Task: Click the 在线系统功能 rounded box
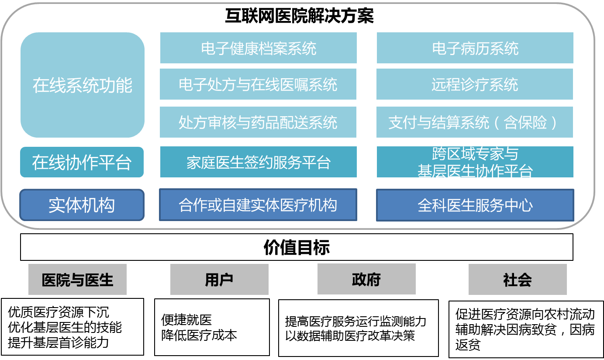[x=82, y=85]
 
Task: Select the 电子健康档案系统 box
[x=258, y=48]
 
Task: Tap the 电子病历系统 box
[x=475, y=48]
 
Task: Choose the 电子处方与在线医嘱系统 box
[x=258, y=84]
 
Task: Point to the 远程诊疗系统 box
[x=474, y=84]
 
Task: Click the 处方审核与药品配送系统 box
[x=258, y=122]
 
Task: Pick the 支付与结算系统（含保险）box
[x=474, y=122]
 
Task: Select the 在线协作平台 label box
[x=82, y=162]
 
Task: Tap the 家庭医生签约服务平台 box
[x=258, y=162]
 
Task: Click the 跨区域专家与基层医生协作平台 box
[x=475, y=162]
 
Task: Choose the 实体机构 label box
[x=82, y=205]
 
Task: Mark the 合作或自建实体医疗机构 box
[x=258, y=205]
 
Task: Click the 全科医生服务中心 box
[x=475, y=205]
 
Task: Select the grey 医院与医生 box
[x=77, y=279]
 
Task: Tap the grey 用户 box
[x=219, y=279]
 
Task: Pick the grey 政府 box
[x=366, y=279]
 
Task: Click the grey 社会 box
[x=518, y=279]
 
